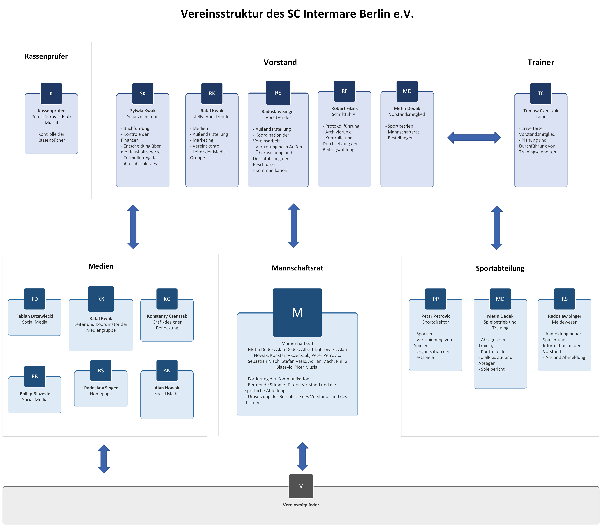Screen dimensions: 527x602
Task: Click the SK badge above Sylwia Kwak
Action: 143,93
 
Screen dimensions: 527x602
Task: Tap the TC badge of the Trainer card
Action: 541,93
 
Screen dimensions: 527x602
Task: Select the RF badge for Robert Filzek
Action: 344,91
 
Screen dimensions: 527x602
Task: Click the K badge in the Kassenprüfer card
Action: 51,93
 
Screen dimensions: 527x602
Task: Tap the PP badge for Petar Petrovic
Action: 436,299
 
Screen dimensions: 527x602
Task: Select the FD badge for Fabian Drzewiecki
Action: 35,299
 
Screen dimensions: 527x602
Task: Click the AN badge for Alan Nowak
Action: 167,371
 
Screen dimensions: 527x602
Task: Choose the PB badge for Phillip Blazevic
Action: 35,376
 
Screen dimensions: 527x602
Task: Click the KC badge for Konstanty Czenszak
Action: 167,299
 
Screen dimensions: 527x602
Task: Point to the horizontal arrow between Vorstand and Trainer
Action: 474,138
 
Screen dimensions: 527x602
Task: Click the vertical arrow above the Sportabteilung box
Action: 497,228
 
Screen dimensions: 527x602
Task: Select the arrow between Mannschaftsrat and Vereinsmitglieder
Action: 302,457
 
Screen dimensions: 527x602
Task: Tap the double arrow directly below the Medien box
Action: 104,459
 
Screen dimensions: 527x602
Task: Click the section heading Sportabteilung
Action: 500,268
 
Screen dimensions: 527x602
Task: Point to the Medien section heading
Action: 101,266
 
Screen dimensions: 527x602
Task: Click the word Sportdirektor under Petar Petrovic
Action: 436,322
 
